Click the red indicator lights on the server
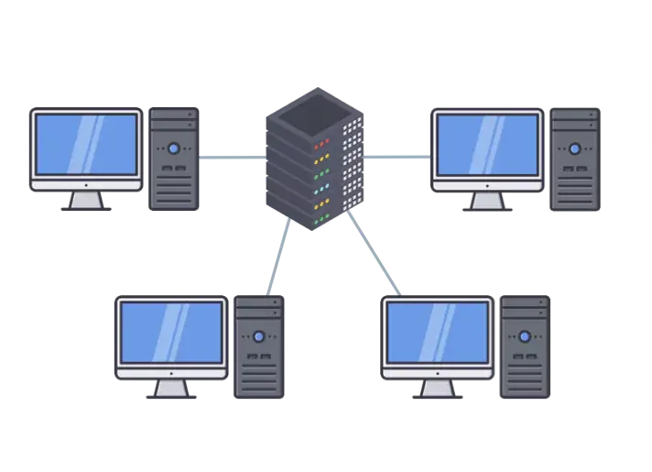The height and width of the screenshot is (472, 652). click(x=321, y=144)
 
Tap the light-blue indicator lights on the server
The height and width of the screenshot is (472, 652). click(x=321, y=189)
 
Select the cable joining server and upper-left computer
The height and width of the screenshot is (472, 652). click(x=232, y=158)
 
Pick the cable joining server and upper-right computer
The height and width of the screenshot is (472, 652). click(x=397, y=158)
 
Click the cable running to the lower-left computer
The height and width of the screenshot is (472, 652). click(x=274, y=261)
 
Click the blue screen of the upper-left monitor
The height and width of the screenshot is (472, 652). click(x=86, y=145)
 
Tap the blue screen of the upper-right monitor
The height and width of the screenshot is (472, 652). click(x=487, y=145)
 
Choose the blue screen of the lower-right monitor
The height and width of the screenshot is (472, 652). click(x=437, y=331)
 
